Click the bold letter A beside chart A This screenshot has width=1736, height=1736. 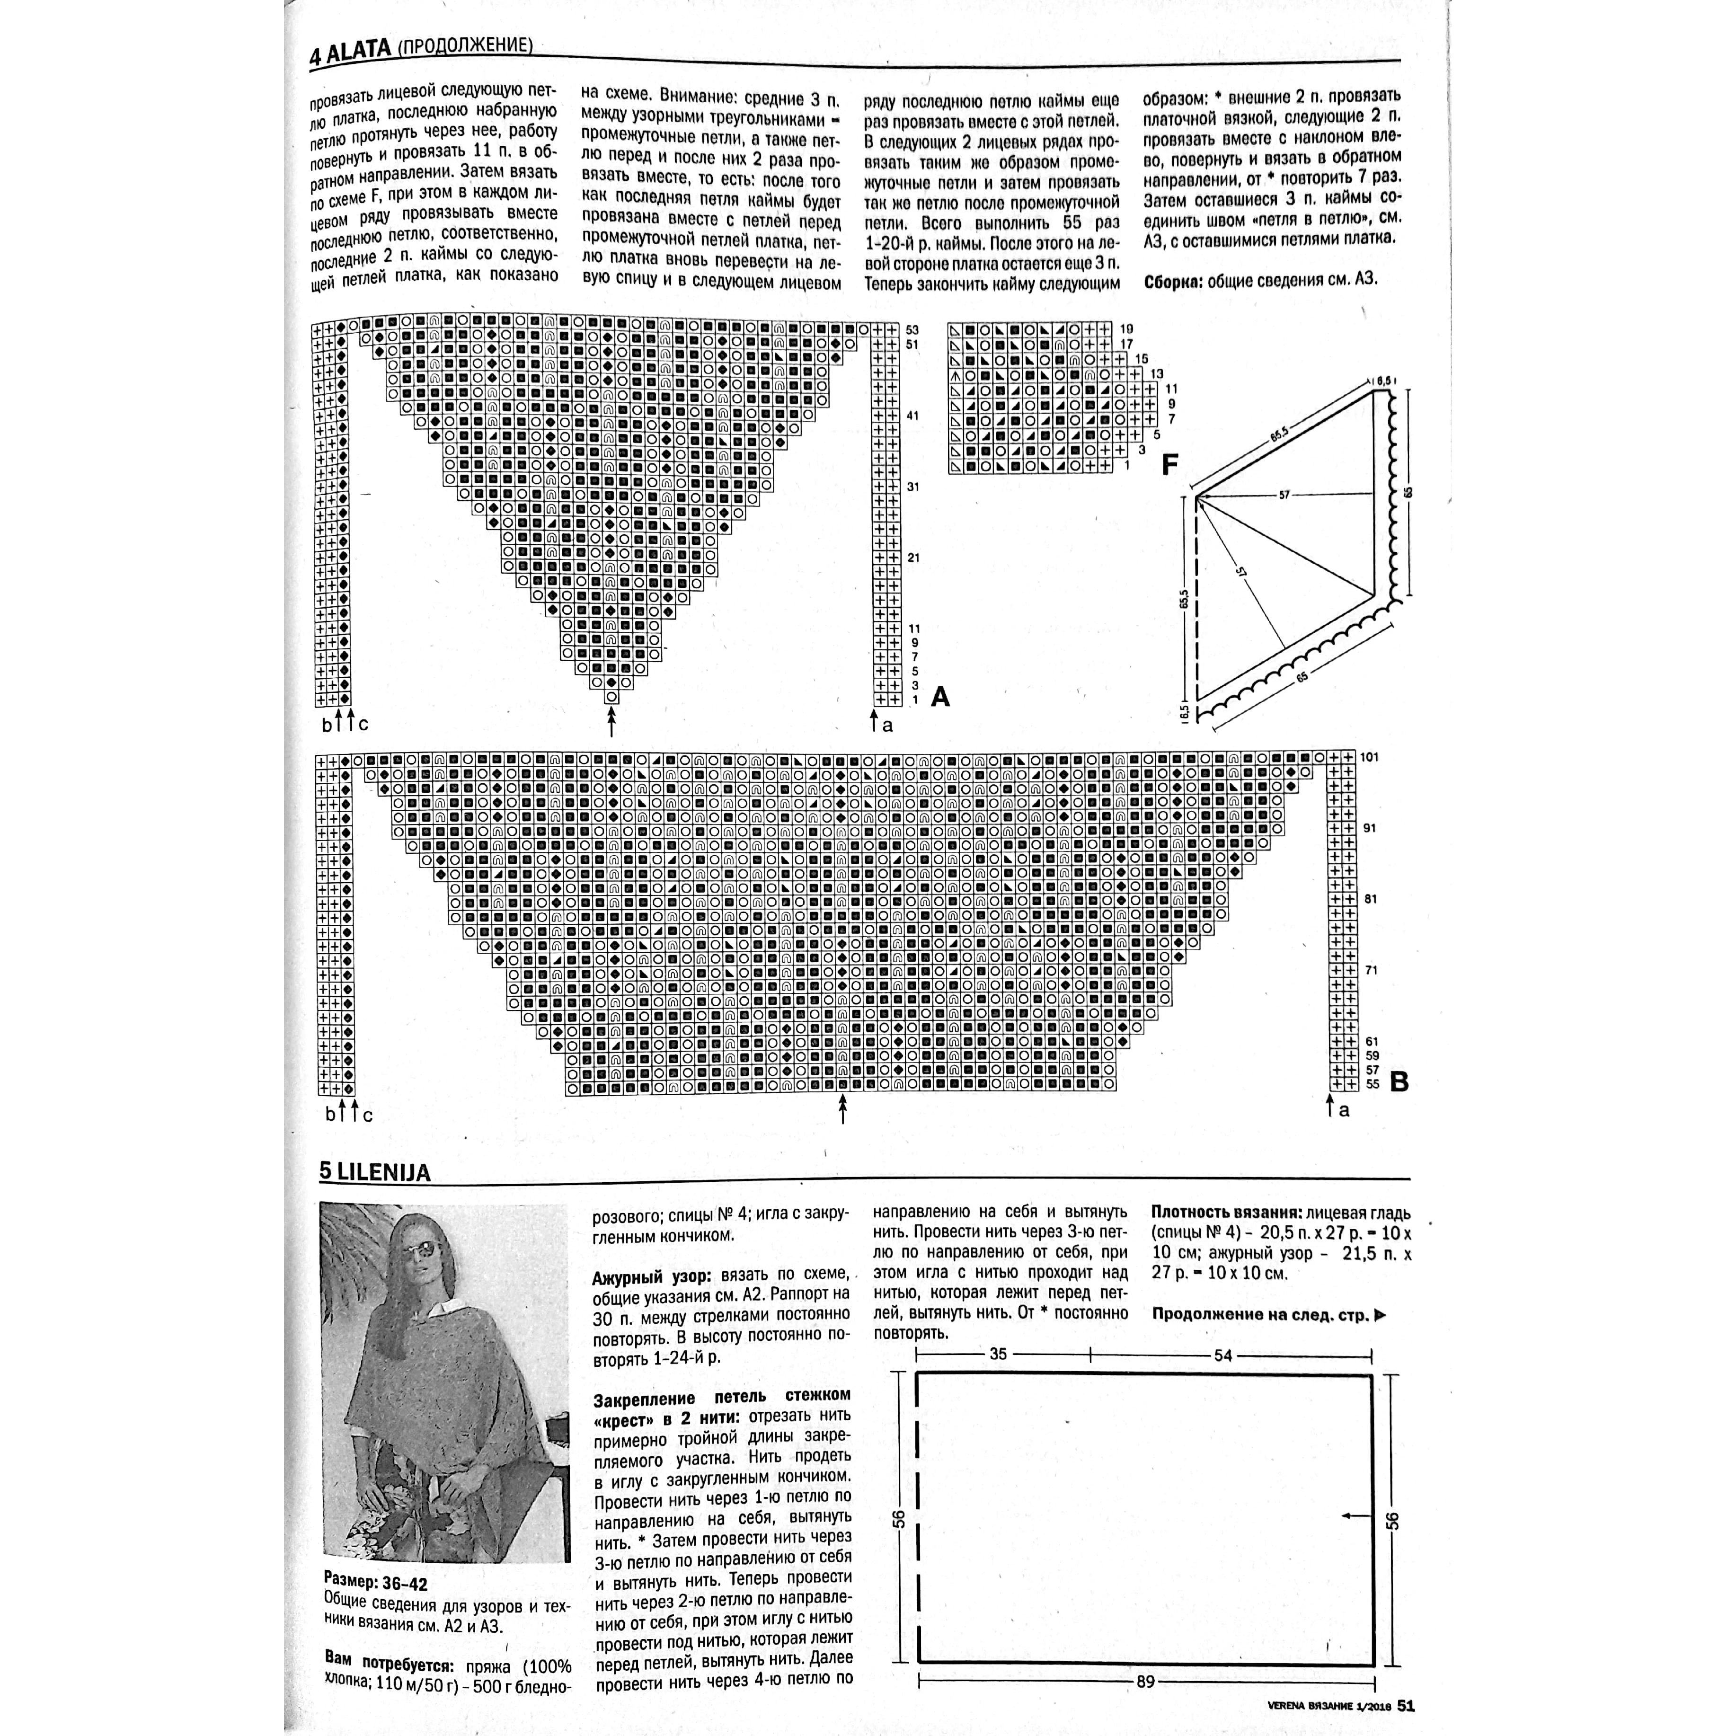[940, 696]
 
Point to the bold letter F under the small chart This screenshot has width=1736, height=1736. [1170, 465]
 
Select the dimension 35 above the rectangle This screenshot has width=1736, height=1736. [998, 1354]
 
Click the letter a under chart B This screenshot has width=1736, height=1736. [1344, 1111]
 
